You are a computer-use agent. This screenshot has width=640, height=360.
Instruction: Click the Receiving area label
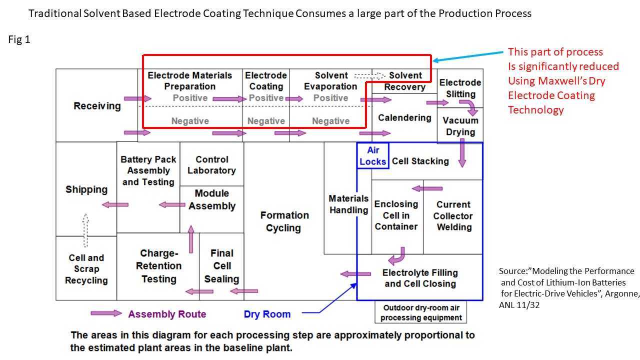tap(97, 106)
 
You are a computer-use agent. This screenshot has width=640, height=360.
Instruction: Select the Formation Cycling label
tap(284, 221)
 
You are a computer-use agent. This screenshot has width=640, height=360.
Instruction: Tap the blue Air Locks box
tap(372, 155)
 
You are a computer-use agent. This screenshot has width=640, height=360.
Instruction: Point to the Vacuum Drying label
tap(460, 126)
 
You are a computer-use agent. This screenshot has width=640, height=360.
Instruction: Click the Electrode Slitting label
tap(460, 88)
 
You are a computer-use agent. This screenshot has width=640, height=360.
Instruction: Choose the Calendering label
tap(404, 117)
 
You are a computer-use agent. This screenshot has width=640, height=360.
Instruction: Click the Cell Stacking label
tap(420, 161)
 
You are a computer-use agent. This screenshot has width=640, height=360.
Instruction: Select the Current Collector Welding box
tap(453, 216)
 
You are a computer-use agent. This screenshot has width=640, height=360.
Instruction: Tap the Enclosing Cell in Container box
tap(396, 215)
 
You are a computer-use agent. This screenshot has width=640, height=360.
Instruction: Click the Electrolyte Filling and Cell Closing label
tap(420, 278)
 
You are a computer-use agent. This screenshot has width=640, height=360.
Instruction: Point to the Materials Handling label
tap(348, 204)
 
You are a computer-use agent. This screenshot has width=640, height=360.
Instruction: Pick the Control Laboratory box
tap(211, 165)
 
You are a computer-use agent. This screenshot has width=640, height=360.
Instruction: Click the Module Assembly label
tap(211, 199)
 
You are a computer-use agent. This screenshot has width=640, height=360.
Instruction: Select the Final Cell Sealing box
tap(221, 266)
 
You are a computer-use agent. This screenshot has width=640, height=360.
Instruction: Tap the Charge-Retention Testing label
tap(158, 266)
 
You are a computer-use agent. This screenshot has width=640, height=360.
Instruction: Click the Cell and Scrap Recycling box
tap(86, 269)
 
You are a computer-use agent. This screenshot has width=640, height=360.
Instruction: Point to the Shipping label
tap(86, 189)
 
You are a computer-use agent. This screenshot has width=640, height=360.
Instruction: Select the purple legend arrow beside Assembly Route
tap(105, 313)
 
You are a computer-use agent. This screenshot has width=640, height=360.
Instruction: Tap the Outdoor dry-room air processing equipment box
tap(421, 312)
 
